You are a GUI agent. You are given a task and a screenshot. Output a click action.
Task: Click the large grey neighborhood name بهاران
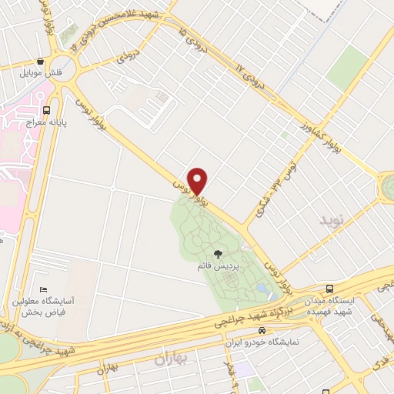click(171, 359)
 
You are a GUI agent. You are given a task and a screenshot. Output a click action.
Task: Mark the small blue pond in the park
click(265, 290)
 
